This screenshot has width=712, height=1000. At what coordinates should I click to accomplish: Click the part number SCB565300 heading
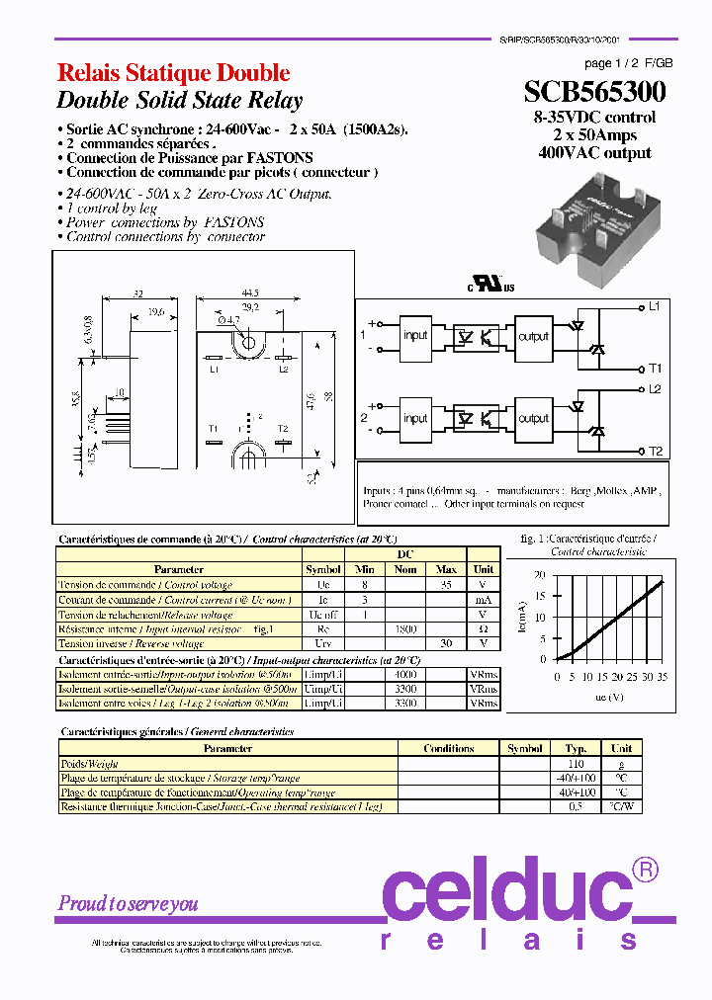point(594,92)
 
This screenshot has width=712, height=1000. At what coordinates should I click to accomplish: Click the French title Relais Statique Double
point(173,72)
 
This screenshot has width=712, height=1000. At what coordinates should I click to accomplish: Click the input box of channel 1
point(415,335)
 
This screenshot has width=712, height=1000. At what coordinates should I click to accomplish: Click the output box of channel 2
point(533,418)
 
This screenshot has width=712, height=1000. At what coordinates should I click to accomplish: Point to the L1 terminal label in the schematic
point(654,305)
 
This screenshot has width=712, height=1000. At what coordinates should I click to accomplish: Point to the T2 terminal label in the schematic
point(655,451)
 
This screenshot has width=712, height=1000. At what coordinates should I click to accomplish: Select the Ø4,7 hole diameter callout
point(225,320)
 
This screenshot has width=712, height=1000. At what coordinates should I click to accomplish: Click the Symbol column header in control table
point(323,569)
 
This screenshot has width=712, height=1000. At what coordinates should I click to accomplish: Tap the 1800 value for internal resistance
point(405,627)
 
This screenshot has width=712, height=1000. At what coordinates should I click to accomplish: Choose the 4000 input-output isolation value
point(405,674)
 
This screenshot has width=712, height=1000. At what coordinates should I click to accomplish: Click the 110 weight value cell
point(576,764)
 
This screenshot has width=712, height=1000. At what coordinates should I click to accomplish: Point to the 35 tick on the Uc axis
point(662,677)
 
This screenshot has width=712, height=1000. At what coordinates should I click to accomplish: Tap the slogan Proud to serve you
point(129,903)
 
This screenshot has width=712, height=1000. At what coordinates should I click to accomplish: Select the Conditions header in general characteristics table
point(449,749)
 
